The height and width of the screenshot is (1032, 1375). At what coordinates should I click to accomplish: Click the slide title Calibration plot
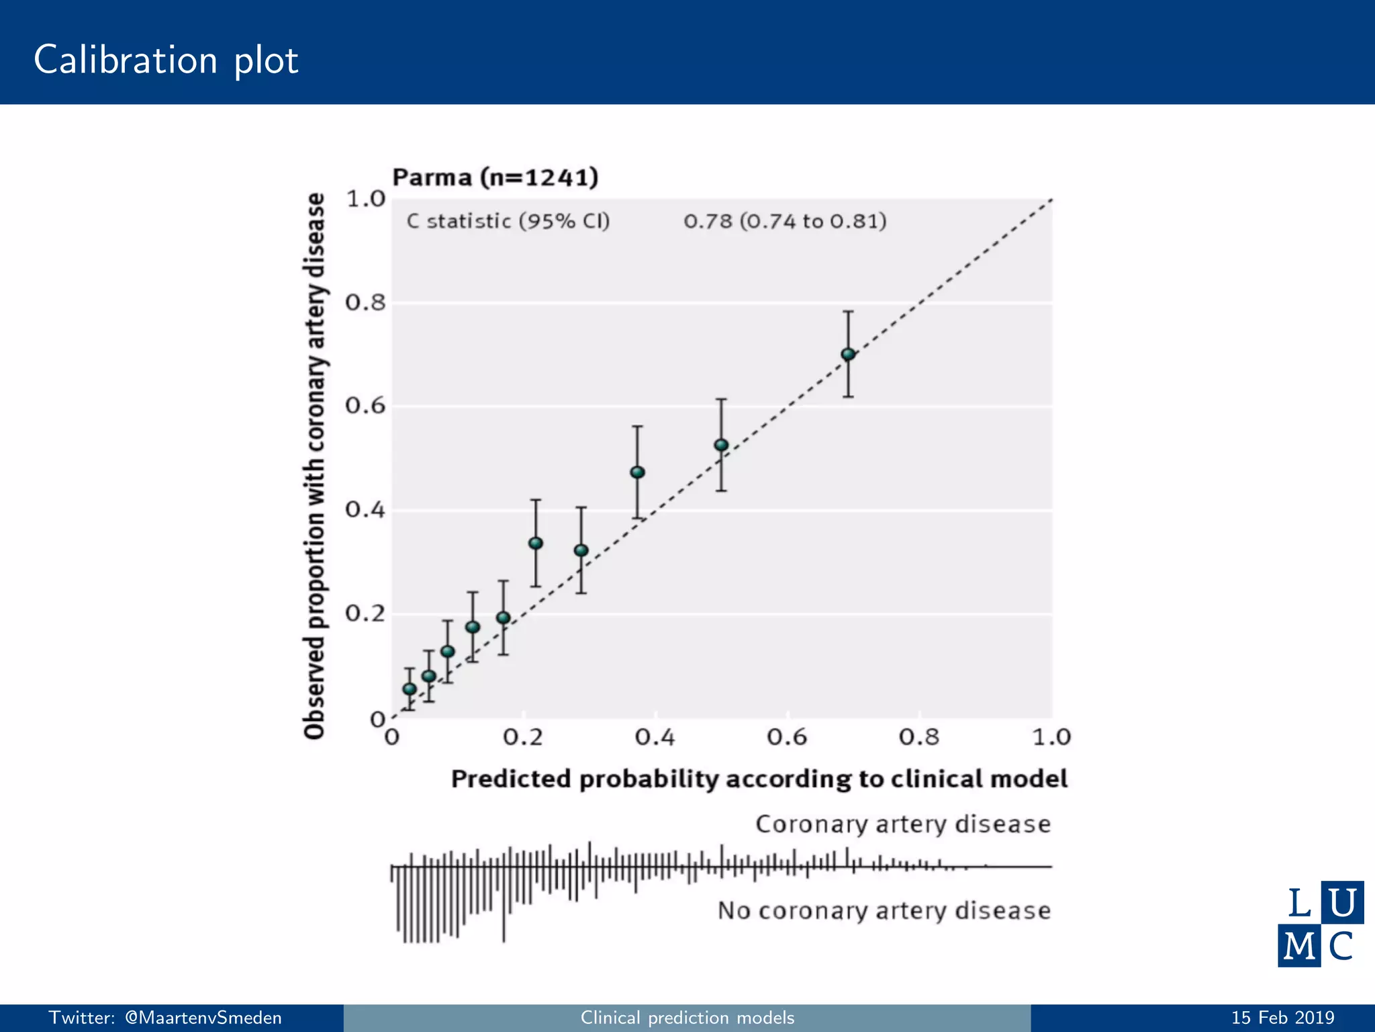tap(166, 60)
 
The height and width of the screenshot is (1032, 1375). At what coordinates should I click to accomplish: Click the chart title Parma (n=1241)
tap(495, 177)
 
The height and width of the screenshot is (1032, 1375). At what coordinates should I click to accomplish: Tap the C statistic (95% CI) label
tap(508, 221)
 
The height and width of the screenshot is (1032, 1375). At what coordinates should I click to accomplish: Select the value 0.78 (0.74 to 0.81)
tap(785, 221)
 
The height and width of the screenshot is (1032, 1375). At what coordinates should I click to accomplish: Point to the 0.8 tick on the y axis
tap(365, 303)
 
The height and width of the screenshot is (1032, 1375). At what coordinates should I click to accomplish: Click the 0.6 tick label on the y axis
tap(365, 406)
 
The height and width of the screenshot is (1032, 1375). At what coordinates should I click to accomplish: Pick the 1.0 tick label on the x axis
tap(1051, 738)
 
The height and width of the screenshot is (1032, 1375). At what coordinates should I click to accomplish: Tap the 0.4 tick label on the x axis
tap(655, 738)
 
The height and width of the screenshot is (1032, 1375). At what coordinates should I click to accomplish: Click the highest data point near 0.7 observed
tap(848, 354)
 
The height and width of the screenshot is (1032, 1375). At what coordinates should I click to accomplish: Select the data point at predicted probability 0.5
tap(721, 445)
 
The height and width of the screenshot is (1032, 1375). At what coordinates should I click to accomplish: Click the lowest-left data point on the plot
tap(410, 689)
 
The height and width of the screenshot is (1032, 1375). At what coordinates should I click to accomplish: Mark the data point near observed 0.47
tap(637, 472)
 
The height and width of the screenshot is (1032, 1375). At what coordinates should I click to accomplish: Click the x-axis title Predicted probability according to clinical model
tap(759, 779)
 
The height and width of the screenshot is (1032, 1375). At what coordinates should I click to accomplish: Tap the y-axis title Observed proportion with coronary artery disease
tap(314, 466)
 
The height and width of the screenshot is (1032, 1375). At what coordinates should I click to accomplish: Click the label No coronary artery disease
tap(884, 910)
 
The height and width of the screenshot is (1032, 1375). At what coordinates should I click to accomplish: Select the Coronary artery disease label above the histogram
tap(902, 824)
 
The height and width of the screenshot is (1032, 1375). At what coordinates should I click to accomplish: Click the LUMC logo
tap(1320, 924)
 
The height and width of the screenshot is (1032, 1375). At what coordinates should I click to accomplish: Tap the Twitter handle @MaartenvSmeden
tap(165, 1018)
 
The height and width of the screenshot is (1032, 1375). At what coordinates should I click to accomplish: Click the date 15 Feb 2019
tap(1282, 1018)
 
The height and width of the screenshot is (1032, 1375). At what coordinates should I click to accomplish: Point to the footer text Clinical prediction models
tap(687, 1018)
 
